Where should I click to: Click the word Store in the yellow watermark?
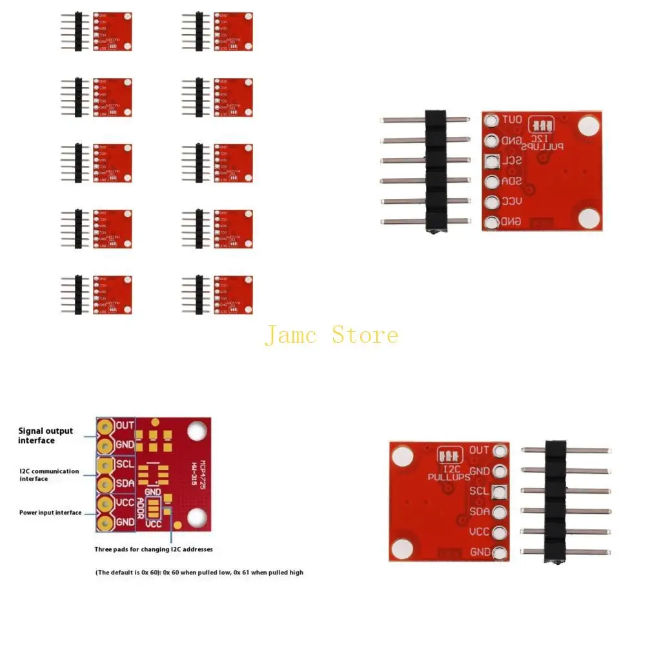coord(365,335)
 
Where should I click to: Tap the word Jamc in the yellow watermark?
coord(291,336)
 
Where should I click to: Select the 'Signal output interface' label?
coord(45,436)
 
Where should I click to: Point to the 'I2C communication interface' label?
coord(49,474)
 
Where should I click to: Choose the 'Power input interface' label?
coord(50,513)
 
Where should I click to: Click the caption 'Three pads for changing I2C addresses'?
coord(154,549)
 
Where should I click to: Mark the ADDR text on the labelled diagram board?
coord(141,509)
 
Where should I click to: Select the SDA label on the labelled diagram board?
coord(125,483)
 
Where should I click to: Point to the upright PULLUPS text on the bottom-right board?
coord(449,478)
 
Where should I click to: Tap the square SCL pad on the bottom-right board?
coord(500,492)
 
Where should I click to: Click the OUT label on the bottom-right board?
coord(479,450)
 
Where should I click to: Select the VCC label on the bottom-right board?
coord(479,532)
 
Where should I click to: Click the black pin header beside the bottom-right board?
coord(555,501)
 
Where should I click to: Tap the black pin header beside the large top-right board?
coord(436,170)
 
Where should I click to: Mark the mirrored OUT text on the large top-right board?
coord(513,120)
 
